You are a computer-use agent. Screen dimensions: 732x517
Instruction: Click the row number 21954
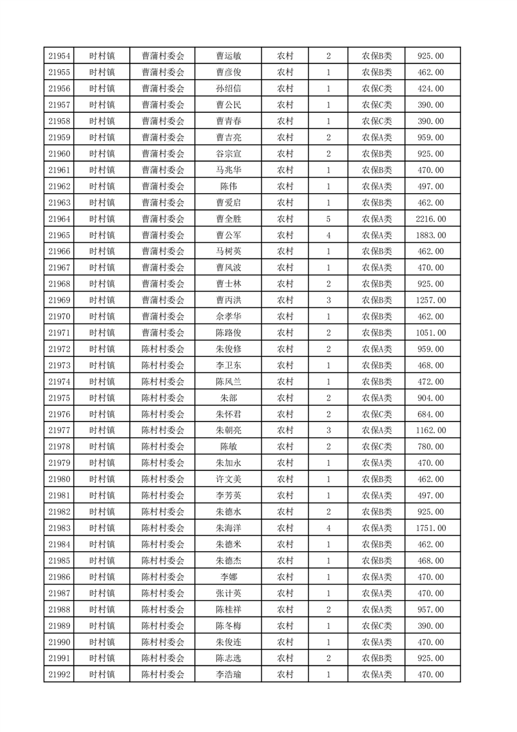click(59, 56)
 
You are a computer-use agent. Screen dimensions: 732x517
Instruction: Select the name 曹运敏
click(228, 56)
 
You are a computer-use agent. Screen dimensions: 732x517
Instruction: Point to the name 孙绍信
click(228, 89)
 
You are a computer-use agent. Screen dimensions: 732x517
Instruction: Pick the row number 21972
click(59, 349)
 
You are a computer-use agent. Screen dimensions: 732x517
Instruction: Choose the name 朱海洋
click(228, 528)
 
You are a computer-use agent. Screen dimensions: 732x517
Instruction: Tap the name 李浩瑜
click(228, 675)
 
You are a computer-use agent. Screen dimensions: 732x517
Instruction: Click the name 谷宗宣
click(228, 154)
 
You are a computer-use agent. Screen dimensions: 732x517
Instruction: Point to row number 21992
click(59, 675)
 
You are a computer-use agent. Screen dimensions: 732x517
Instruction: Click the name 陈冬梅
click(228, 626)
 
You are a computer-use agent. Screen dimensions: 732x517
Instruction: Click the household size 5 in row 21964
click(328, 219)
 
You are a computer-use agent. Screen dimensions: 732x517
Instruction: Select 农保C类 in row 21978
click(377, 447)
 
